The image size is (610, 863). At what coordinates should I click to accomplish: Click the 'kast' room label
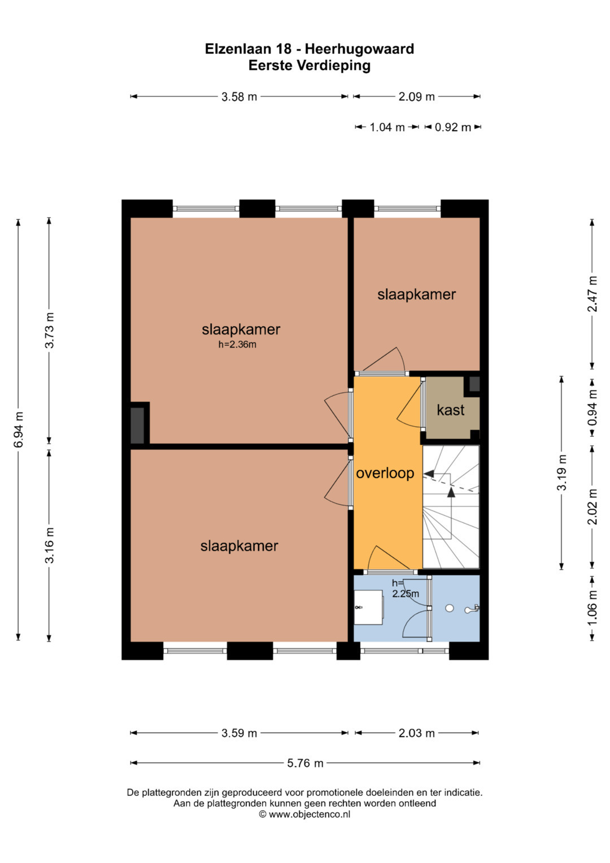coord(450,410)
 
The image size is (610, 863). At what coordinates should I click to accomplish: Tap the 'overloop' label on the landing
coord(385,473)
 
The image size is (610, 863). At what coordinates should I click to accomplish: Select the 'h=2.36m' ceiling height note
coord(237,344)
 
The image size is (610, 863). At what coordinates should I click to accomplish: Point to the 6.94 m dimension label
coord(19,430)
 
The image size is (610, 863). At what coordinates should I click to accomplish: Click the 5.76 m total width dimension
coord(305,763)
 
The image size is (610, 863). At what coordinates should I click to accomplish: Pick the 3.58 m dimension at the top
coord(239,97)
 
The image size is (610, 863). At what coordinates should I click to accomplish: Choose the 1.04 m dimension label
coord(387,127)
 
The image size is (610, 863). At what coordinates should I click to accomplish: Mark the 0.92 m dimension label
coord(452,127)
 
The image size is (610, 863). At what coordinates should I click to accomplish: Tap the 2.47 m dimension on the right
coord(592,293)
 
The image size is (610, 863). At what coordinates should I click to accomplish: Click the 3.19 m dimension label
coord(562,472)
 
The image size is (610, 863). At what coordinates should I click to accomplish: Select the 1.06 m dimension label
coord(592,608)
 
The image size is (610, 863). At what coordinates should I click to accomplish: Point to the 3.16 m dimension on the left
coord(49,545)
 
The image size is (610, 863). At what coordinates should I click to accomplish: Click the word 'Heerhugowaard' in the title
coord(359,49)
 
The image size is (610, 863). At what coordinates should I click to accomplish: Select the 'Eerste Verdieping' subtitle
coord(310,66)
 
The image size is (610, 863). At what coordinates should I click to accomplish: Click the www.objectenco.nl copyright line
coord(304,814)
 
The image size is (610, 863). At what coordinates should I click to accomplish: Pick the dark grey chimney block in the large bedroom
coord(137,426)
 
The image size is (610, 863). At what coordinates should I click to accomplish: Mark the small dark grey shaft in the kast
coord(474,384)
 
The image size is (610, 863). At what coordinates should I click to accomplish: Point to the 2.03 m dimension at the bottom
coord(416,733)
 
